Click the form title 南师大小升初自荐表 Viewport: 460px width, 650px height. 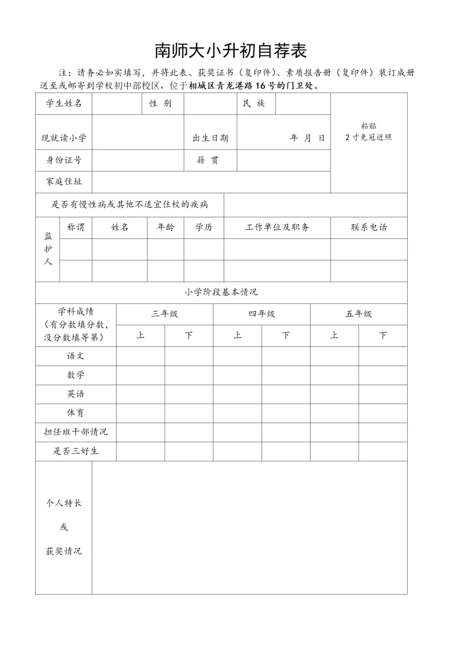click(230, 51)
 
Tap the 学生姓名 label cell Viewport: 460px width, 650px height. click(64, 103)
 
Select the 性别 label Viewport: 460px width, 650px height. click(161, 103)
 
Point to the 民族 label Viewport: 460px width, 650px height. click(254, 103)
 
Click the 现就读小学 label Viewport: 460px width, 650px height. click(64, 138)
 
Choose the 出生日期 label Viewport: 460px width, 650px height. click(210, 138)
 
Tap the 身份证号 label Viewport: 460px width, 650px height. click(64, 160)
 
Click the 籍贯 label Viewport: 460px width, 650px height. click(208, 160)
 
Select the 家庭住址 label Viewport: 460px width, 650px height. click(64, 182)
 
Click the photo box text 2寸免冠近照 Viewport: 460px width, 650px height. click(368, 137)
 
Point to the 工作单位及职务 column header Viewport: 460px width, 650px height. click(277, 227)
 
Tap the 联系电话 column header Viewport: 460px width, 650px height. click(369, 227)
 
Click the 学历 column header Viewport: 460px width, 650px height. click(204, 227)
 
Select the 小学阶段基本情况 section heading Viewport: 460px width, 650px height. click(221, 292)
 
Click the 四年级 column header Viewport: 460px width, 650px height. click(262, 314)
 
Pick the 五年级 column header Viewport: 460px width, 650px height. click(359, 314)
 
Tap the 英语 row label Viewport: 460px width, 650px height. click(76, 394)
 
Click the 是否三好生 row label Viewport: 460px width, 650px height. click(76, 451)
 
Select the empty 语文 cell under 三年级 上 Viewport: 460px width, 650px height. click(141, 356)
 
